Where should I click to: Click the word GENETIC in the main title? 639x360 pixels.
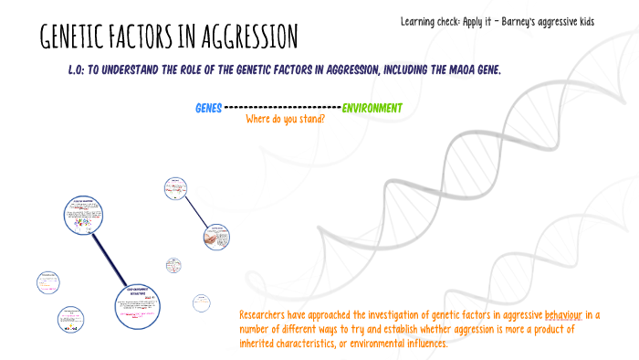pos(79,38)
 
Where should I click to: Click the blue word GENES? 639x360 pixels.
pos(208,109)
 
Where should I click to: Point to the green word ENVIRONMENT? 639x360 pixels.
pos(372,109)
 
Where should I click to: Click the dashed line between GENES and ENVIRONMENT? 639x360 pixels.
pos(282,109)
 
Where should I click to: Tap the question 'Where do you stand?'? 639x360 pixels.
pos(286,119)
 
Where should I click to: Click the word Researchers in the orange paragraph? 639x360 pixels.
pos(269,315)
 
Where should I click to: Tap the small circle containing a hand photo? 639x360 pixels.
pos(216,237)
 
